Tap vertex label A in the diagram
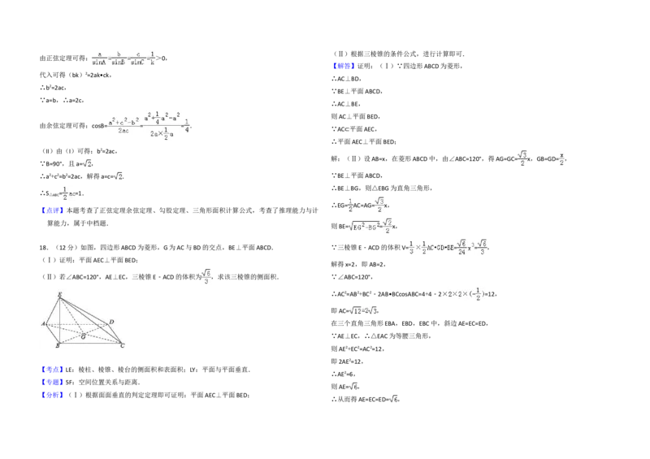point(43,323)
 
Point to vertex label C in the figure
point(122,346)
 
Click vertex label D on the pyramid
point(110,323)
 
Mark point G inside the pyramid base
point(83,336)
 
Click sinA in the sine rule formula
point(99,62)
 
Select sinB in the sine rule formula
point(118,62)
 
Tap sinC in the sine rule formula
point(136,62)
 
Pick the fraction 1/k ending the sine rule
point(152,58)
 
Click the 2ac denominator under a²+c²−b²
point(123,130)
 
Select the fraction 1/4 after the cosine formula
point(187,126)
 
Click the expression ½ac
point(67,192)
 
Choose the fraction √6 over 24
point(461,247)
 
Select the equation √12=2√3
point(361,311)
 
